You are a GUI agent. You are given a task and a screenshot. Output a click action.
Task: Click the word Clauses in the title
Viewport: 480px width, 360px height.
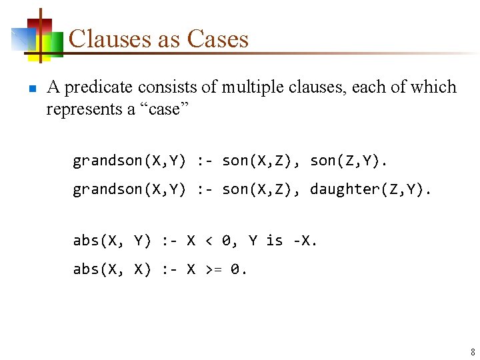pyautogui.click(x=110, y=39)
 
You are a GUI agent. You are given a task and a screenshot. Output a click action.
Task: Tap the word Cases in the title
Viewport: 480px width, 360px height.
pyautogui.click(x=217, y=39)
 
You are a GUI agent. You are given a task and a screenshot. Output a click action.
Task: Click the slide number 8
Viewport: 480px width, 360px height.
pyautogui.click(x=473, y=351)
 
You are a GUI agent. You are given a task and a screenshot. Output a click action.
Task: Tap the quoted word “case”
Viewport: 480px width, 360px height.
pyautogui.click(x=164, y=109)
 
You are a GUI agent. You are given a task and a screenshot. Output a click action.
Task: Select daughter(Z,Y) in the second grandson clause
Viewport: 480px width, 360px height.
pyautogui.click(x=367, y=189)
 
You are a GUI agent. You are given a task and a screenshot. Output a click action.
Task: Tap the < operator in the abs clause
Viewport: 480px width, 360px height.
pyautogui.click(x=209, y=241)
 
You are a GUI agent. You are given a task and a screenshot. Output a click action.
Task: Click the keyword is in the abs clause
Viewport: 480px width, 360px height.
pyautogui.click(x=275, y=241)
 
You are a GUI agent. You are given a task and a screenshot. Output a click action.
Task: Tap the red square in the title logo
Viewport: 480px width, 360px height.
pyautogui.click(x=41, y=25)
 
